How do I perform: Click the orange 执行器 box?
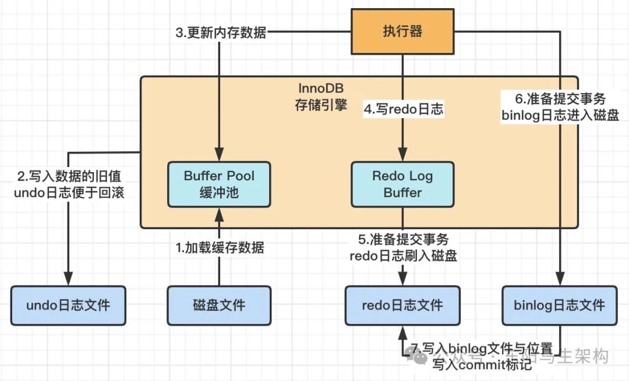(x=402, y=31)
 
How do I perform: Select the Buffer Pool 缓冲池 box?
(x=219, y=184)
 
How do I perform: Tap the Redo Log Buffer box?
(x=402, y=184)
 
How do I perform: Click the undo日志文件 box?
(x=68, y=305)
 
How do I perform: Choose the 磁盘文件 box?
(x=219, y=305)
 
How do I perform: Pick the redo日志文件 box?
(x=402, y=305)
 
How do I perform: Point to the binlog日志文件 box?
(x=560, y=305)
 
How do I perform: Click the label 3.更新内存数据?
(x=221, y=32)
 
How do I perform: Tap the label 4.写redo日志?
(x=404, y=109)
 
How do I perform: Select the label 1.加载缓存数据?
(x=220, y=248)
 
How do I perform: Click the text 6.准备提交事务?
(x=560, y=98)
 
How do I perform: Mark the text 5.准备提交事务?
(x=403, y=240)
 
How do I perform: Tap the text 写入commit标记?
(x=482, y=365)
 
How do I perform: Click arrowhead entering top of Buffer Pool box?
(x=219, y=156)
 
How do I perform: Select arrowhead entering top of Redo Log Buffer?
(x=402, y=156)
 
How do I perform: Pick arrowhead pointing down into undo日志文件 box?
(x=68, y=280)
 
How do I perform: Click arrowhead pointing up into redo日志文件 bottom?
(x=402, y=331)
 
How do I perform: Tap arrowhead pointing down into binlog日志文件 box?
(x=560, y=280)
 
